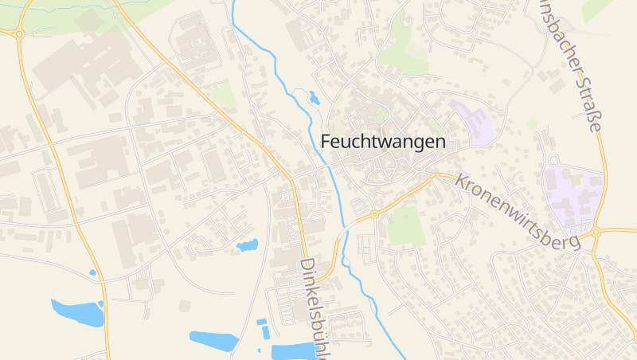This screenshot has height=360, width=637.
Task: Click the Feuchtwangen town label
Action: [383, 141]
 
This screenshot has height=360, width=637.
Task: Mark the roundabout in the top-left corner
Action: [18, 33]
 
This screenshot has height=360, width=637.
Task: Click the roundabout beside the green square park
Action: [374, 214]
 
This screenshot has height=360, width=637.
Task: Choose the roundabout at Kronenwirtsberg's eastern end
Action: [596, 232]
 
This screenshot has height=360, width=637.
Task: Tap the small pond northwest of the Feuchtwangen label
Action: [314, 98]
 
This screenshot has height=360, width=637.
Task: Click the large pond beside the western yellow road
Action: [77, 312]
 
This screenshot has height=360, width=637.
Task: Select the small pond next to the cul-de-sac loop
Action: [247, 245]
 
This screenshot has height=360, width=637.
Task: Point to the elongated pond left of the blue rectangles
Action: [213, 340]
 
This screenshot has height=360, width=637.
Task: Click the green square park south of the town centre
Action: [405, 225]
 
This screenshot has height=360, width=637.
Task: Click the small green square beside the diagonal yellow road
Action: [224, 96]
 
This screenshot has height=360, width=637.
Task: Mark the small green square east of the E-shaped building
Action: [533, 123]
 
